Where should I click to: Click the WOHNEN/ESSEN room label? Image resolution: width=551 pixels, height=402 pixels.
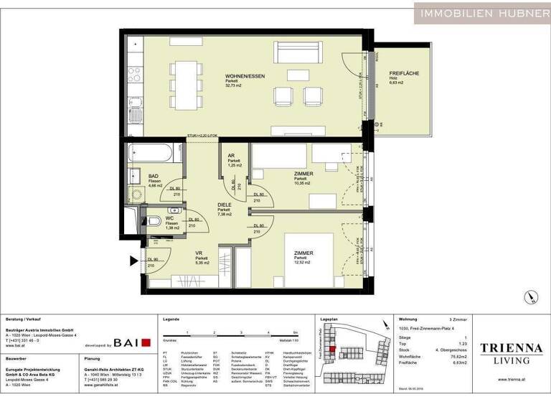click(239, 76)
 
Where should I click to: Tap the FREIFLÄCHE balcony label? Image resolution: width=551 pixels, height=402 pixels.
click(404, 74)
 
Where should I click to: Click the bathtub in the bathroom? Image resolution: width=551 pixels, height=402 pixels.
click(151, 153)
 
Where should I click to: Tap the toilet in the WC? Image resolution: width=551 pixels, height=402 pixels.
click(143, 221)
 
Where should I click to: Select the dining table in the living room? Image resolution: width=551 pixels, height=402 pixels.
click(187, 79)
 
